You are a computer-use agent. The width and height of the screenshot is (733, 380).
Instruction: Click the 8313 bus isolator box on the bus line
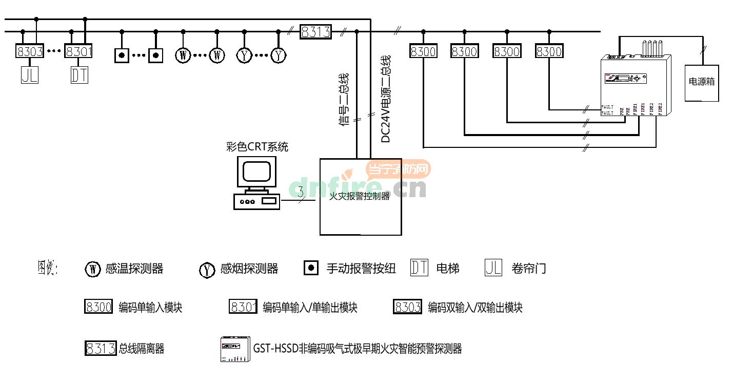315,32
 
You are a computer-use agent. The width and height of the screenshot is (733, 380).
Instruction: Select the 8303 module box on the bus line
30,51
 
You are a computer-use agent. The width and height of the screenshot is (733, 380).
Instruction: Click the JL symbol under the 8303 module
30,75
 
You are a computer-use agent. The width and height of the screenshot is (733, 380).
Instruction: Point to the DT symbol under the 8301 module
80,75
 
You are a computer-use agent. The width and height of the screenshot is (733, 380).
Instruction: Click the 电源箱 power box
701,83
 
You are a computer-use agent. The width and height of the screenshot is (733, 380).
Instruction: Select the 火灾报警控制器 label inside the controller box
359,196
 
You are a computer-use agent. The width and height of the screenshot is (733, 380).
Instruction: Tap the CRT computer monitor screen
256,171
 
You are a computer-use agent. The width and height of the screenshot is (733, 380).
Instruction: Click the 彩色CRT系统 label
257,147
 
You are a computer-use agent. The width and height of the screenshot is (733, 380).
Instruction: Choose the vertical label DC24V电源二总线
386,99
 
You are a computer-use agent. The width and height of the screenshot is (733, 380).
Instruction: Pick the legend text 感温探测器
134,269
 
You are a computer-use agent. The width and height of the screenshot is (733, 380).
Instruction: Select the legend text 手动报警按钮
361,269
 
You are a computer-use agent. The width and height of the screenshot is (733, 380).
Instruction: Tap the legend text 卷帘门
529,269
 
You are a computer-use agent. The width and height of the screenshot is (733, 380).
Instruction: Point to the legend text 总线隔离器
142,349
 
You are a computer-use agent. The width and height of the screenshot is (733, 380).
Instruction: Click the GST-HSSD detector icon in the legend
235,349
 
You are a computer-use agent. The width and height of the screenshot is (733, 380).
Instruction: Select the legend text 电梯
447,269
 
